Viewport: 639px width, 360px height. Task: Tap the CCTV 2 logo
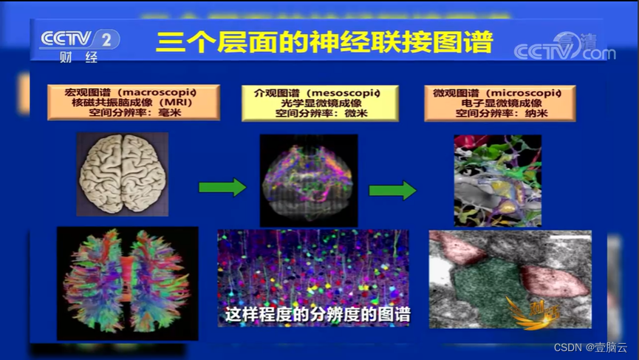(x=79, y=39)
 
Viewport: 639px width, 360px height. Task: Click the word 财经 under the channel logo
(x=79, y=58)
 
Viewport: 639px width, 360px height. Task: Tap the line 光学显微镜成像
(x=320, y=103)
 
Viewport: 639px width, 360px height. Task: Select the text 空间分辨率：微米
(x=321, y=114)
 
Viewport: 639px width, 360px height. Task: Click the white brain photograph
(x=123, y=174)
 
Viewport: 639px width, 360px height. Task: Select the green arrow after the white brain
(x=222, y=187)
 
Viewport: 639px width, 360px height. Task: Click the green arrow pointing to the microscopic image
(x=392, y=190)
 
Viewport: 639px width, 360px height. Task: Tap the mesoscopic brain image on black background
(x=309, y=180)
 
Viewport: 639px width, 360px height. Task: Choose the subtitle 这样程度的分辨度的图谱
(x=318, y=313)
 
